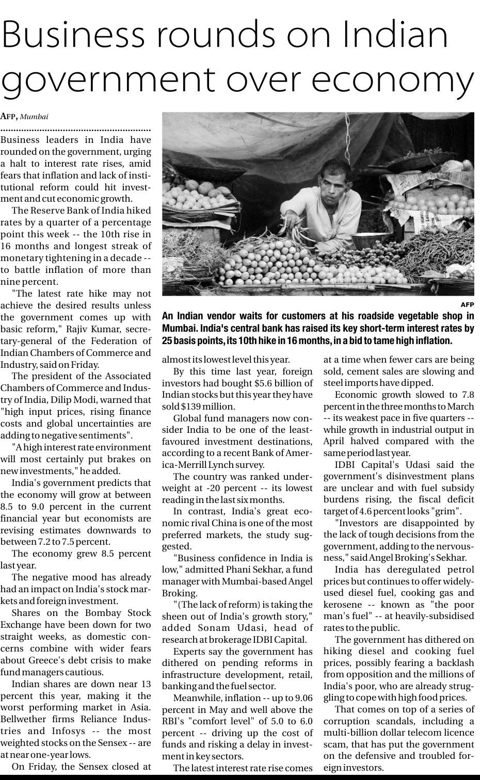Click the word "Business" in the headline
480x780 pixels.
pos(78,34)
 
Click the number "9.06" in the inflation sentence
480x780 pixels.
pos(303,698)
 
